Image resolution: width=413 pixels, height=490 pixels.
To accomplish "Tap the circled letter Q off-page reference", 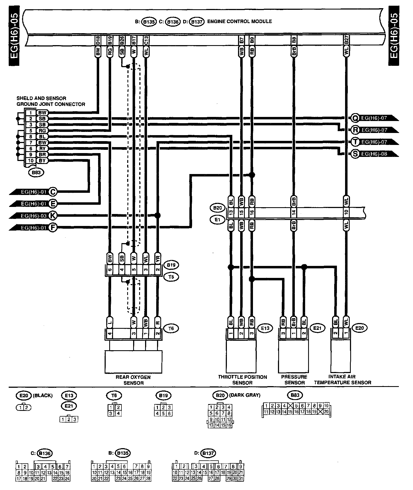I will (x=355, y=118).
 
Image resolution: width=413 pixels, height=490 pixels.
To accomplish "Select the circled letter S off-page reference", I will (x=355, y=154).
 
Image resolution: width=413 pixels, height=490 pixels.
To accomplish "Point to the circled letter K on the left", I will (x=52, y=216).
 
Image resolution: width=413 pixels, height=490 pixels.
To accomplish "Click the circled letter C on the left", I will (x=52, y=192).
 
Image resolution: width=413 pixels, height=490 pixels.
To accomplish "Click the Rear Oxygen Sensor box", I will (x=133, y=362).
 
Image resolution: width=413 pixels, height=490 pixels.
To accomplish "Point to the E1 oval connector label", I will (x=217, y=220).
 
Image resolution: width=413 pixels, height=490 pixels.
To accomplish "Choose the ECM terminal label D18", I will (x=98, y=41).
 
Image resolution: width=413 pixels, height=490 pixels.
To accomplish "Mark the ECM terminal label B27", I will (x=346, y=41).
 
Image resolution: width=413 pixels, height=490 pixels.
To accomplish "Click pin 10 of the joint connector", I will (x=31, y=160).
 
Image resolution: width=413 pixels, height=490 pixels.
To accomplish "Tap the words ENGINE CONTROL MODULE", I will (x=239, y=21).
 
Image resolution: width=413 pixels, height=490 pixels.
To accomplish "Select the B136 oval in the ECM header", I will (x=173, y=22).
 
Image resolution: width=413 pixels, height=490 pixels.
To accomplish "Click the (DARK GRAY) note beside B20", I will (x=245, y=395).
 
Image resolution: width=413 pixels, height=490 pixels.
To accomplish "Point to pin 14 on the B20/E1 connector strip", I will (x=293, y=213).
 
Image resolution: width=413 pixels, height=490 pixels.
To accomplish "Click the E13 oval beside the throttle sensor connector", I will (x=265, y=328).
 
